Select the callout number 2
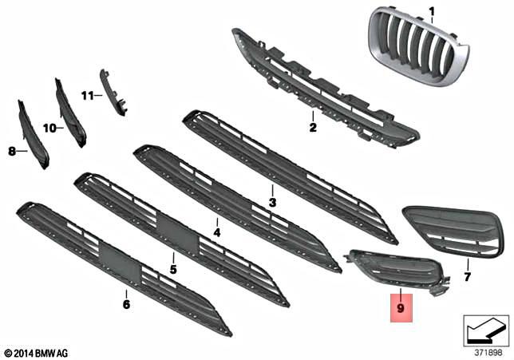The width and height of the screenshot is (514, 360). click(313, 127)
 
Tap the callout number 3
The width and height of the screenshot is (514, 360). click(272, 203)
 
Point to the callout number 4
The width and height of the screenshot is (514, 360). click(216, 234)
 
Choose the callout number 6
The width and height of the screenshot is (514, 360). click(126, 303)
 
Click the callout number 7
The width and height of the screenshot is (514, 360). click(468, 277)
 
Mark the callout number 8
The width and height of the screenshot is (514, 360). click(12, 149)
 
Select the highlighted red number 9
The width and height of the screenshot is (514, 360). click(401, 305)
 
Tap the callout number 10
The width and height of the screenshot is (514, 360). click(48, 127)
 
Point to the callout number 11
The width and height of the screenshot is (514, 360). click(86, 96)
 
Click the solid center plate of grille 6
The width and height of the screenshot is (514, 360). click(118, 263)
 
